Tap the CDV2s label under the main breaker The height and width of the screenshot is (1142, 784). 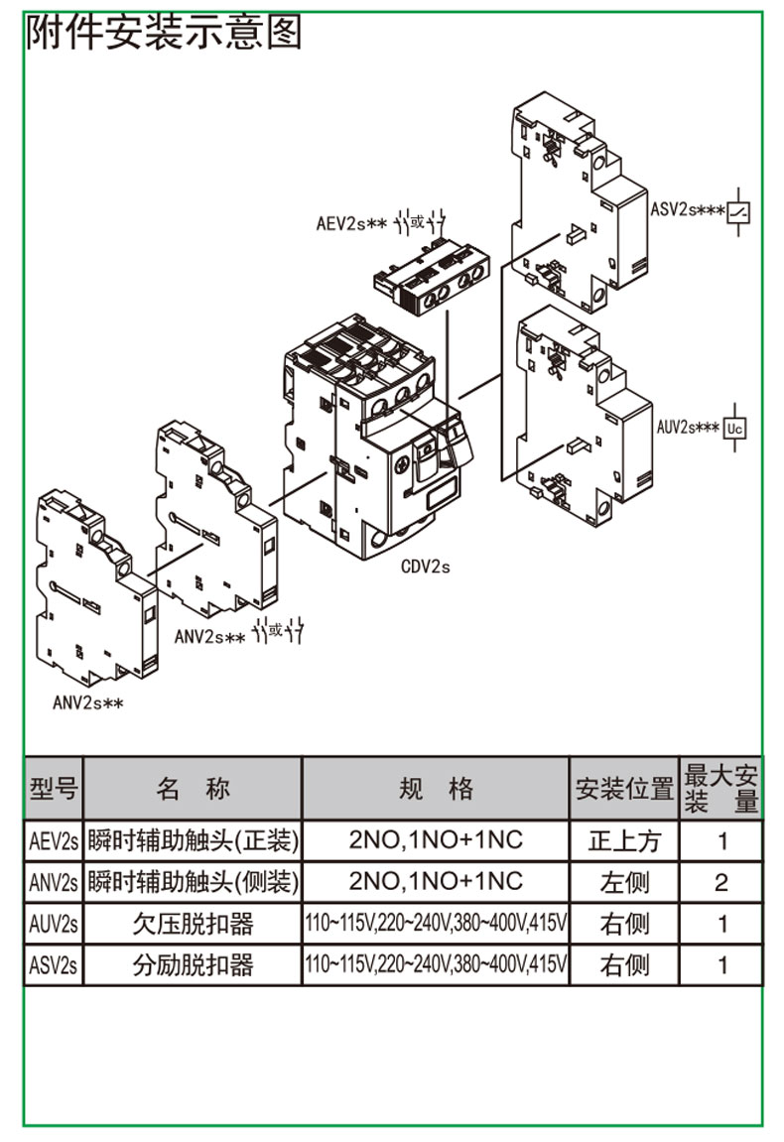coord(426,568)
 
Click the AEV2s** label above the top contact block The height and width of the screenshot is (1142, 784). coord(351,223)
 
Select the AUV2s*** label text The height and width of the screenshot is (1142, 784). coord(688,427)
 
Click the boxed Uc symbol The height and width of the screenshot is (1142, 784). coord(735,428)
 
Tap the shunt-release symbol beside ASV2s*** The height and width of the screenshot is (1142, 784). coord(739,211)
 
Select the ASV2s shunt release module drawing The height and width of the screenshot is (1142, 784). coord(576,198)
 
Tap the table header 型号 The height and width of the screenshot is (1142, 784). coord(54,789)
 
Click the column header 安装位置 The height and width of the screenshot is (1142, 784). coord(624,790)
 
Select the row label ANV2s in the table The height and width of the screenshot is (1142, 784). coord(54,882)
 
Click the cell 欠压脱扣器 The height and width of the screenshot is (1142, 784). coord(193,924)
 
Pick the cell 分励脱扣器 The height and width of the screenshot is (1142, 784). coord(193,965)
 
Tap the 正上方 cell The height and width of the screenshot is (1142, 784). coord(624,841)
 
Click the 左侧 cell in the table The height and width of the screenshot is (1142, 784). coord(624,882)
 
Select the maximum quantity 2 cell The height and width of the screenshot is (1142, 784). coord(721,882)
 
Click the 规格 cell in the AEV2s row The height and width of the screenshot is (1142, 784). coord(435,841)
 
